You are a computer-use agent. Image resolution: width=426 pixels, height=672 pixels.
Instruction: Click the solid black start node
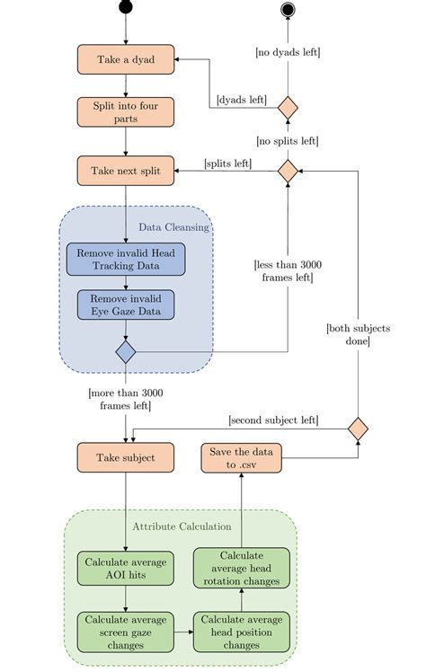(x=126, y=8)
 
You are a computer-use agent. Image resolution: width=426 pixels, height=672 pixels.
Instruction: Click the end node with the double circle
(x=288, y=9)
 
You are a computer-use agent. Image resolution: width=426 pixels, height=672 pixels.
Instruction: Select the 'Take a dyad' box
(x=126, y=59)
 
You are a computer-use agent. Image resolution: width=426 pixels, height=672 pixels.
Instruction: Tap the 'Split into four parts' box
(x=126, y=112)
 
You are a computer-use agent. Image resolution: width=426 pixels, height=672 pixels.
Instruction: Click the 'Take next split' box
(x=126, y=170)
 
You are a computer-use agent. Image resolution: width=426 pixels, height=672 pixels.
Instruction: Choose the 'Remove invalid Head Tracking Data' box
(x=126, y=259)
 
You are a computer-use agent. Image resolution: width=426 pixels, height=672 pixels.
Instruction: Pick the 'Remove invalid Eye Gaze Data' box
(x=126, y=305)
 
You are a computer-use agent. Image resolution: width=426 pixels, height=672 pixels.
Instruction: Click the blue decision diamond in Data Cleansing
(x=126, y=351)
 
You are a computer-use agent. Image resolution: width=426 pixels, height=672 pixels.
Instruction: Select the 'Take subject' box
(x=126, y=457)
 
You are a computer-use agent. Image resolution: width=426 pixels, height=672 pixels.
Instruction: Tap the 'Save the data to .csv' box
(x=242, y=456)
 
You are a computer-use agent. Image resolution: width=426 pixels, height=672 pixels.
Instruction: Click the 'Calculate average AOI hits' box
(x=126, y=568)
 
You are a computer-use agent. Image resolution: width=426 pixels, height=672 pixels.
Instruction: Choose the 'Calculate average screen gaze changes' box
(x=126, y=632)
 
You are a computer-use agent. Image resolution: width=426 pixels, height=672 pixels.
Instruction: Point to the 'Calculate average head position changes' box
(x=242, y=632)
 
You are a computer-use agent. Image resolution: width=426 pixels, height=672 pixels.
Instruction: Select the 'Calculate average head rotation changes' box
(x=242, y=568)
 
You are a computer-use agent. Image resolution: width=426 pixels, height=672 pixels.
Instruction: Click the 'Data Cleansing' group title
(x=173, y=227)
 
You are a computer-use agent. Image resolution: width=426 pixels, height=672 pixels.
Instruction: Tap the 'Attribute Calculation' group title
(x=182, y=526)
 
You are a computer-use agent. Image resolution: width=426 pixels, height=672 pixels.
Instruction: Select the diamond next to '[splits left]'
(x=288, y=170)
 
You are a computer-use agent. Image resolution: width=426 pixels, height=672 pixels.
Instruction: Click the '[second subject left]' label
(x=275, y=419)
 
